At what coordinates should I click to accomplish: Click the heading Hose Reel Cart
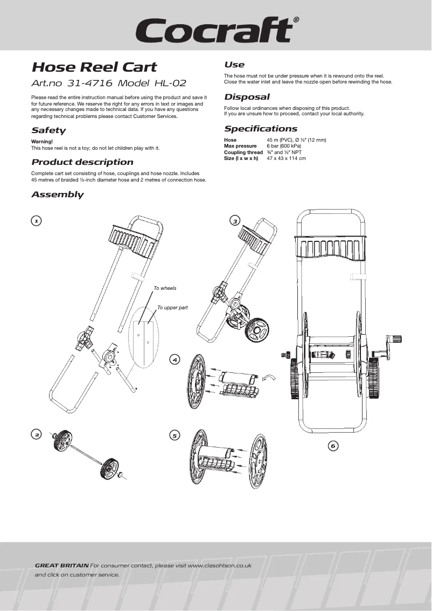[94, 67]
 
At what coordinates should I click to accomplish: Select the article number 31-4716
[89, 84]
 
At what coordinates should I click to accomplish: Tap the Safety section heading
[48, 130]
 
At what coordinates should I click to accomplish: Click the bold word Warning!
[42, 141]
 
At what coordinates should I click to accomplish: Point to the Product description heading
[82, 162]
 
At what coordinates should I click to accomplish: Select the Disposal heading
[247, 97]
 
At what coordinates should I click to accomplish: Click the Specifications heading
[261, 129]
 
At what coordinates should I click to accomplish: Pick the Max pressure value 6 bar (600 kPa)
[284, 146]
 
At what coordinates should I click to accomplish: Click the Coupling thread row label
[243, 152]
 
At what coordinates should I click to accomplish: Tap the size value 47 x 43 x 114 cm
[286, 158]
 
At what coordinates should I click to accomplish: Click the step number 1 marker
[36, 220]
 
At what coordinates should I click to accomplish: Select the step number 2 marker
[36, 434]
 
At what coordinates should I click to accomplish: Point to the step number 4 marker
[175, 359]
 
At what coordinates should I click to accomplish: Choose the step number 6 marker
[333, 446]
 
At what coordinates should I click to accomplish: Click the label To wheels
[165, 288]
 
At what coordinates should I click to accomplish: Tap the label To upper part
[172, 308]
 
